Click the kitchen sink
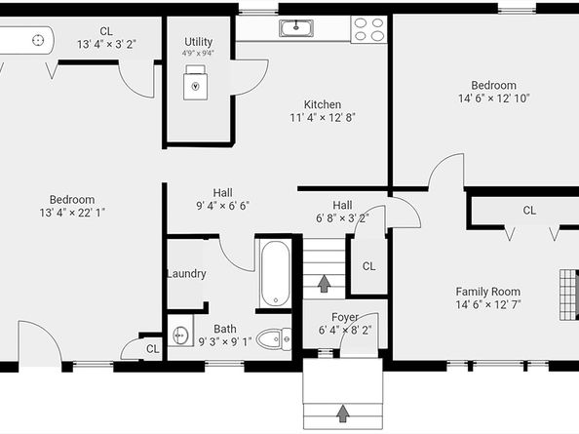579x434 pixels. click(293, 28)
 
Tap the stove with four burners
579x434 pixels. click(367, 29)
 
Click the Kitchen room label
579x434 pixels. click(322, 104)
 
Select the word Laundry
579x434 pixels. click(186, 274)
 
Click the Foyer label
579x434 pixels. click(344, 317)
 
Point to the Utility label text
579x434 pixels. click(199, 42)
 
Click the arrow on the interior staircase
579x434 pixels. click(324, 283)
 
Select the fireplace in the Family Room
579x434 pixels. click(566, 292)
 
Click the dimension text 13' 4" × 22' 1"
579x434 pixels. click(72, 213)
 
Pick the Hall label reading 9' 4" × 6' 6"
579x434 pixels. click(222, 206)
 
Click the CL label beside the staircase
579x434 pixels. click(369, 266)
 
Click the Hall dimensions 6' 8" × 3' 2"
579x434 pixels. click(341, 218)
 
